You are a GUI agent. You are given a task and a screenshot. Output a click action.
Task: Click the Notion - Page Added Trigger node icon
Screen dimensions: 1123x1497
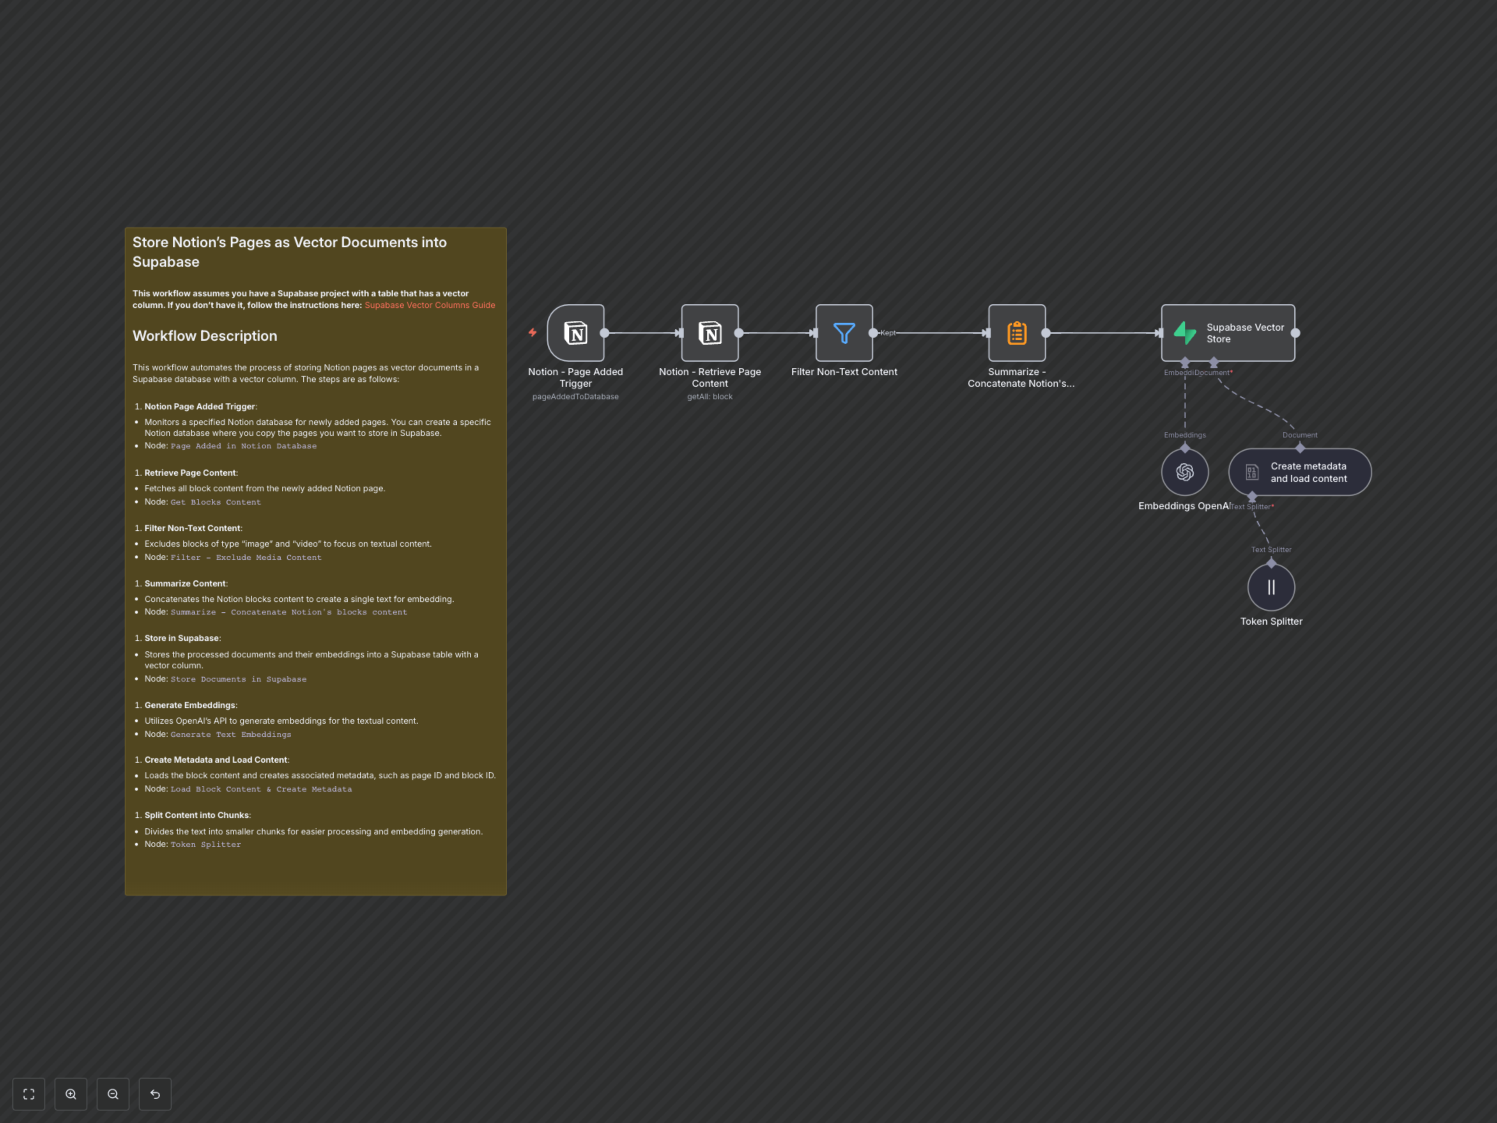click(575, 333)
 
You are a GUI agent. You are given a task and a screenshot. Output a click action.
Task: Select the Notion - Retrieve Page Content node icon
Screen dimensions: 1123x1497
click(709, 333)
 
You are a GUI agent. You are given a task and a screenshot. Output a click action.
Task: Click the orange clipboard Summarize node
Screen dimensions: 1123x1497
click(1016, 333)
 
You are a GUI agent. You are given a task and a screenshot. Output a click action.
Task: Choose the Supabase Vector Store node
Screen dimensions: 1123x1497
click(1228, 333)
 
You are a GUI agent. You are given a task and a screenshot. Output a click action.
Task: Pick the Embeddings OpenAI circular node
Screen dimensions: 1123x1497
click(1184, 472)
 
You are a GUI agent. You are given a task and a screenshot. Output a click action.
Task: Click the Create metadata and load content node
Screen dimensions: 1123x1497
click(1299, 472)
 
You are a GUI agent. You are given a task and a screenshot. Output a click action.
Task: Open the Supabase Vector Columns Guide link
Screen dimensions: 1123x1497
click(430, 305)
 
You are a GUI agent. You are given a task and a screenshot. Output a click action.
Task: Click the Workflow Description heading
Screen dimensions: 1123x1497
click(204, 336)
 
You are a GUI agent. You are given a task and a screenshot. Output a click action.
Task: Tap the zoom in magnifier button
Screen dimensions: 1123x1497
click(71, 1094)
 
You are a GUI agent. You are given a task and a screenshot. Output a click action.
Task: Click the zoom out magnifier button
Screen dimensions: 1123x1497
click(113, 1094)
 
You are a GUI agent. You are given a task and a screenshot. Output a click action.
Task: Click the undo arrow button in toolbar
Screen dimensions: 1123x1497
click(155, 1094)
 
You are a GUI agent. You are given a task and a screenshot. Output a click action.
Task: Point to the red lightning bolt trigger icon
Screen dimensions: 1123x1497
click(533, 332)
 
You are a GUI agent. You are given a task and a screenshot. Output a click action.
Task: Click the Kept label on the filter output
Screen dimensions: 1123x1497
click(888, 333)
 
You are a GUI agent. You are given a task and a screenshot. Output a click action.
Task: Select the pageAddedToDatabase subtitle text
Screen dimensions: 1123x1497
click(575, 397)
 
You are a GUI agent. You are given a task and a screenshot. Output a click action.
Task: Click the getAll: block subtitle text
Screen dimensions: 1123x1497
click(709, 397)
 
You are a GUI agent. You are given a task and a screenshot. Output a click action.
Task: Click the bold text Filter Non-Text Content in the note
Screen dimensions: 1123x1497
click(192, 528)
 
